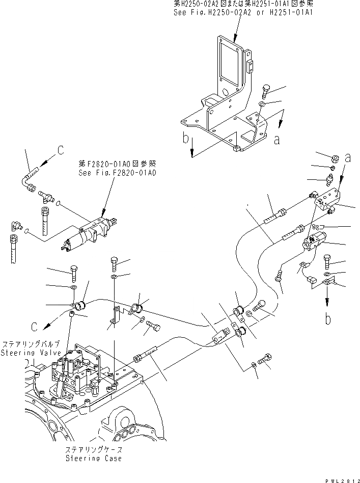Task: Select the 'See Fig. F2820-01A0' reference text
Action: coord(117,173)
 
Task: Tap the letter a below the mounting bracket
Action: coord(276,139)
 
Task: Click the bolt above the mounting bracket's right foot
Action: coord(268,93)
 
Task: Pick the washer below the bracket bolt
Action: coord(261,105)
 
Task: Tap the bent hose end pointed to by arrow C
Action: coord(30,173)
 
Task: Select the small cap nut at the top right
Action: coord(336,158)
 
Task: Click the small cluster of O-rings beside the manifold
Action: coord(318,227)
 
